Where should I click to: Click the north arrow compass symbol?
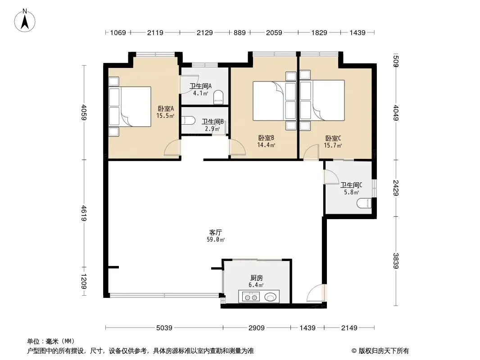pyautogui.click(x=25, y=21)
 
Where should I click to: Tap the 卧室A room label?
pyautogui.click(x=166, y=108)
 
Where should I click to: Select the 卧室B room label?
pyautogui.click(x=266, y=138)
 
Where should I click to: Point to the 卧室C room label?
pyautogui.click(x=333, y=138)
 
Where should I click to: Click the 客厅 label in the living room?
pyautogui.click(x=216, y=233)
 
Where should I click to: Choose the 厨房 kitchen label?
pyautogui.click(x=256, y=278)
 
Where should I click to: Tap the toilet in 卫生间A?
pyautogui.click(x=218, y=96)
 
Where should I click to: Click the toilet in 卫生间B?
pyautogui.click(x=188, y=120)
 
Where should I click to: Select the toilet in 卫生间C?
pyautogui.click(x=364, y=203)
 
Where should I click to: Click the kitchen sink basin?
pyautogui.click(x=270, y=297)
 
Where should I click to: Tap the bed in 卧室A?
pyautogui.click(x=130, y=107)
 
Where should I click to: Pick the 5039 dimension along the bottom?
pyautogui.click(x=164, y=328)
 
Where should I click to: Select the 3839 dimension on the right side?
pyautogui.click(x=396, y=261)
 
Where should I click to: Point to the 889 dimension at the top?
pyautogui.click(x=240, y=32)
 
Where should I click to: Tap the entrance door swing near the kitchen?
pyautogui.click(x=315, y=293)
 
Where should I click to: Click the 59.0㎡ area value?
pyautogui.click(x=216, y=239)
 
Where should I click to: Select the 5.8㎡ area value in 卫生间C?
pyautogui.click(x=351, y=192)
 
